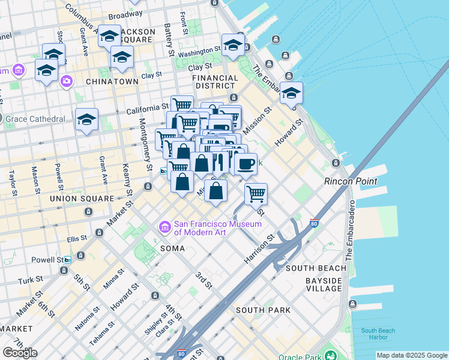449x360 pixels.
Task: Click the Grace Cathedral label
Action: tap(35, 119)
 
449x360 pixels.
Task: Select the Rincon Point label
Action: tap(350, 181)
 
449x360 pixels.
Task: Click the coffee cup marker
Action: tap(245, 164)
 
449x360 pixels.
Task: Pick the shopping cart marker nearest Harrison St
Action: tap(256, 194)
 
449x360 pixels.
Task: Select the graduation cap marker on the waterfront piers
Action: tap(291, 93)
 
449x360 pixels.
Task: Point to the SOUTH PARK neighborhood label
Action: tap(263, 310)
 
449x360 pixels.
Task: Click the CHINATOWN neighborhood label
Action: tap(109, 81)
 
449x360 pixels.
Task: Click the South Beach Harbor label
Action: tap(378, 334)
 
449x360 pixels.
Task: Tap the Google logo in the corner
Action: tap(20, 352)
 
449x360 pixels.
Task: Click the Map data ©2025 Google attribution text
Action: tap(412, 355)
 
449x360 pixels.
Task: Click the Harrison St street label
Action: tap(259, 247)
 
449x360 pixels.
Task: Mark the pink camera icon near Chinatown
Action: tap(66, 80)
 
